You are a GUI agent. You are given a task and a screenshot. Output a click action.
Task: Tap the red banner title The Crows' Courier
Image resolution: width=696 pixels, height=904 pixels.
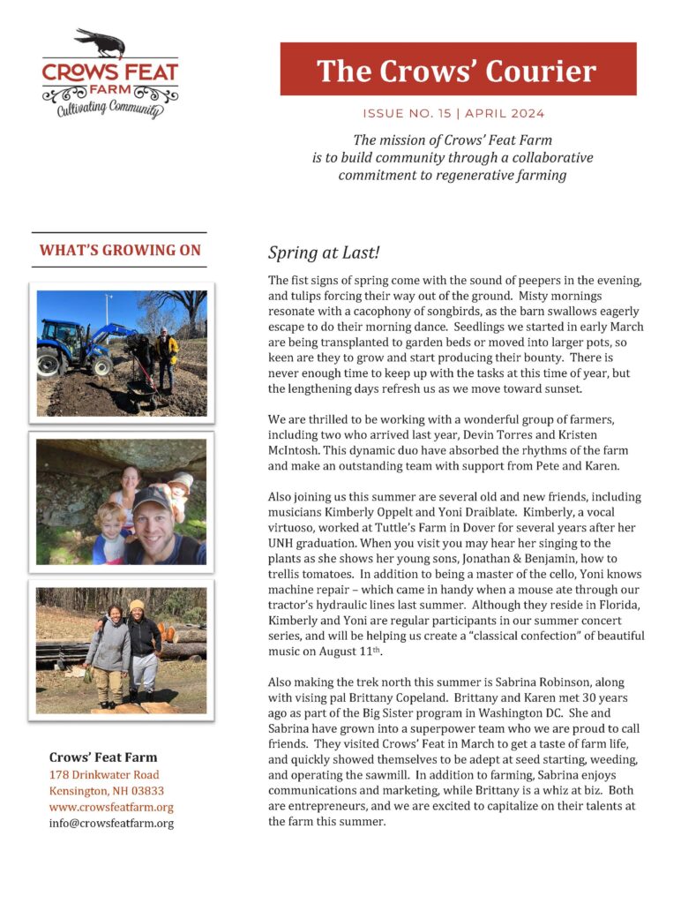(x=457, y=71)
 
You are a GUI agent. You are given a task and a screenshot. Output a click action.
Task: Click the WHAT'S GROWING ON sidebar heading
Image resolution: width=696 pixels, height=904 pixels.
(x=119, y=251)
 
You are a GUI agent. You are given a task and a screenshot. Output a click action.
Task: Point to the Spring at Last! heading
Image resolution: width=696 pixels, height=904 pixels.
(x=324, y=253)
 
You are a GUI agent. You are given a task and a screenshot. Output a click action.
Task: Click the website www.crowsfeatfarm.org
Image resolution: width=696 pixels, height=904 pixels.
(x=111, y=807)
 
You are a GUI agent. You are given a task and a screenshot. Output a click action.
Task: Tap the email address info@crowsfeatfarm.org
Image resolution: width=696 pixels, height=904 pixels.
(x=111, y=823)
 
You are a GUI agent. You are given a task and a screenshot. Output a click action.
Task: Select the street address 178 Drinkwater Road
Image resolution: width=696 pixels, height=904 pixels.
(x=104, y=775)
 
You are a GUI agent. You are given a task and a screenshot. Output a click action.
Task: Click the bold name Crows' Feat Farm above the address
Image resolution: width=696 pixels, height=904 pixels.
(x=104, y=757)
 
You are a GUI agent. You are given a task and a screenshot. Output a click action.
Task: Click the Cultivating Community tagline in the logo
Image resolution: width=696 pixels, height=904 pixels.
(x=109, y=109)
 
